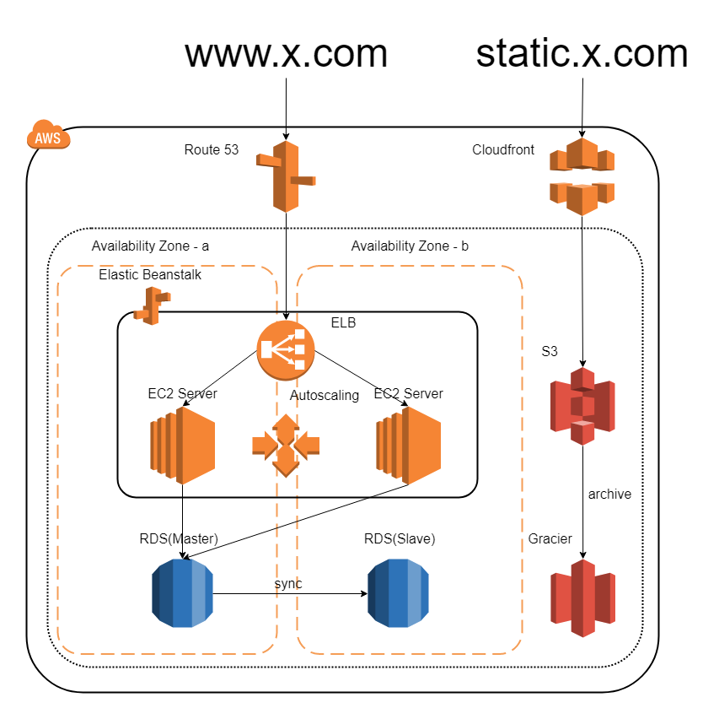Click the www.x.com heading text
286,53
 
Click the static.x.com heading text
582,53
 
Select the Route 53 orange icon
285,176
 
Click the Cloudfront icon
582,176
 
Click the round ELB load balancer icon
285,350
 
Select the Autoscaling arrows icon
285,445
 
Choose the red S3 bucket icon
582,405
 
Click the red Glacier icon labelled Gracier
582,597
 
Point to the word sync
288,583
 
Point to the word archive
609,494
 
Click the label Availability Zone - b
410,246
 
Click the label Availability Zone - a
150,246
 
